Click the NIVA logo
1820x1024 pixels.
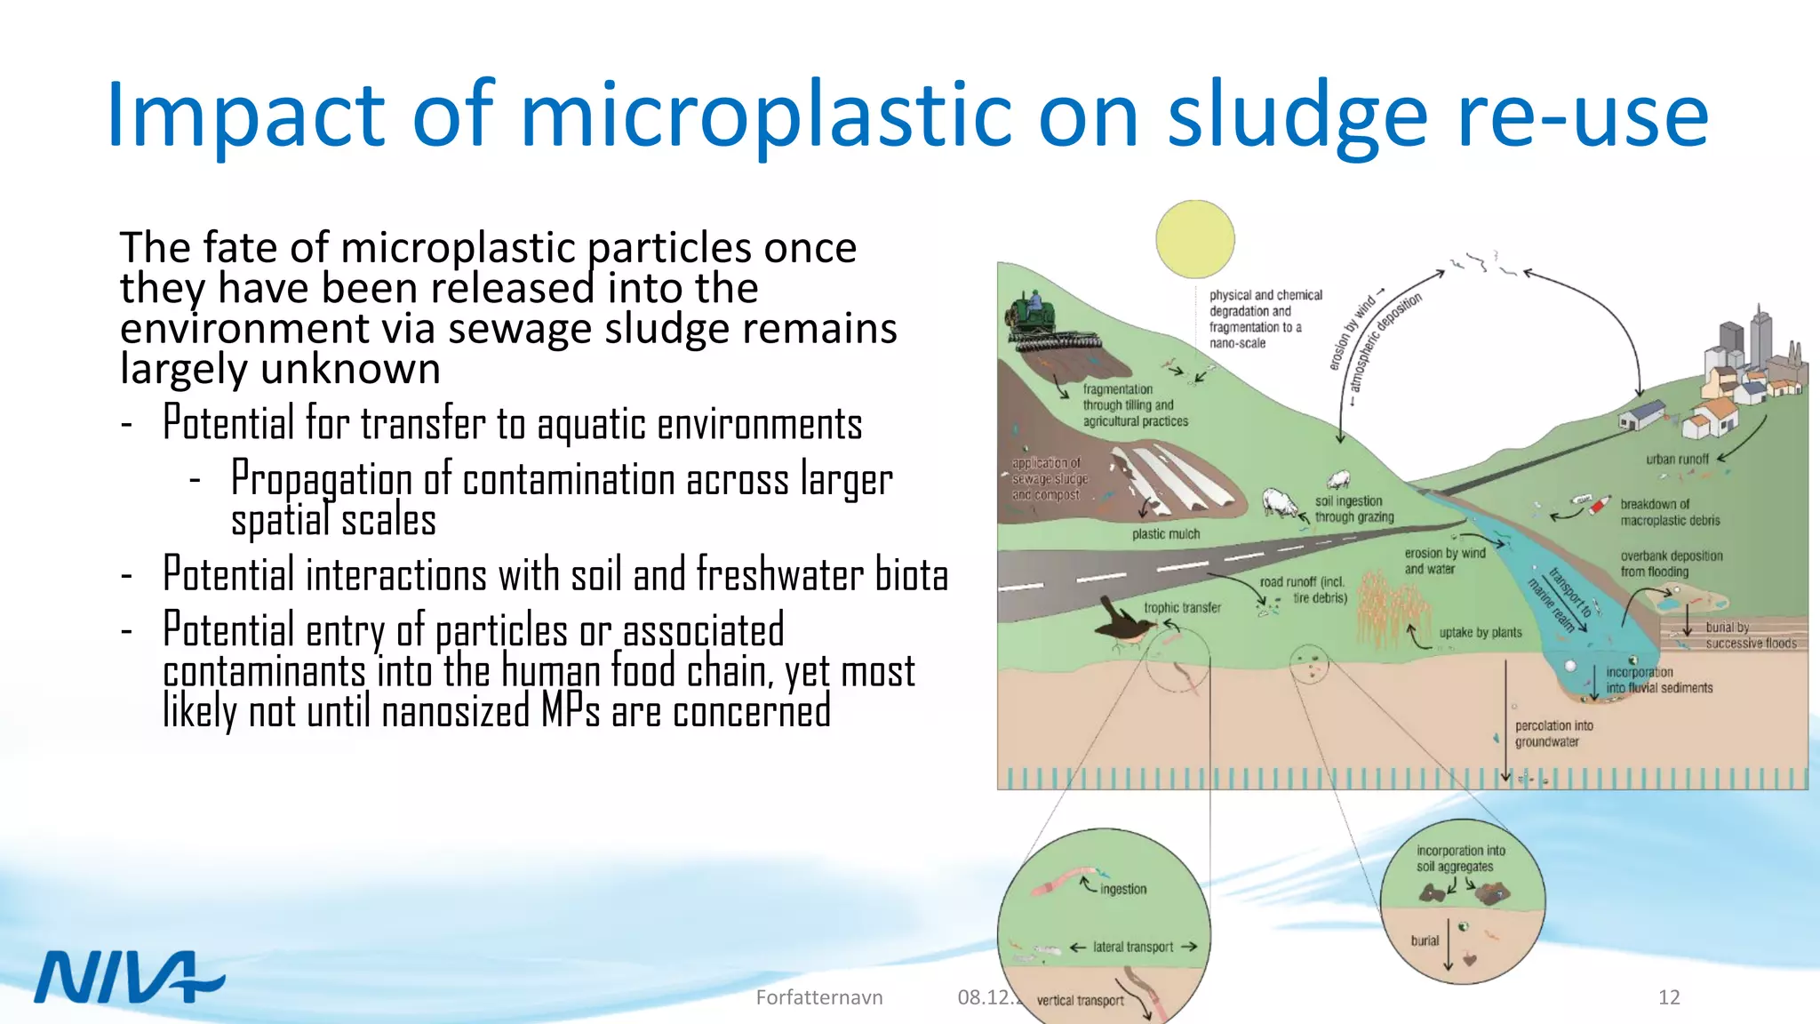(x=129, y=977)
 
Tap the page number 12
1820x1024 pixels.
(x=1668, y=997)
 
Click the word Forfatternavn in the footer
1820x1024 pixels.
(x=818, y=997)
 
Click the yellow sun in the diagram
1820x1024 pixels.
(x=1195, y=239)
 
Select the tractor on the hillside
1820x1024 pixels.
(x=1034, y=313)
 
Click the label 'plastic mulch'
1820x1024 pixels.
(x=1165, y=534)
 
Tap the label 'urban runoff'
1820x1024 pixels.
(x=1677, y=460)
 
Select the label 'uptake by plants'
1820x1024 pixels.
(x=1481, y=633)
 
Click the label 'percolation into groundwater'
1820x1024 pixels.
(x=1553, y=734)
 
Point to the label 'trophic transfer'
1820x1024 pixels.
(x=1182, y=608)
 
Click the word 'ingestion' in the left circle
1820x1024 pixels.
(x=1123, y=889)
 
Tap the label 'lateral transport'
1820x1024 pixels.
(x=1133, y=948)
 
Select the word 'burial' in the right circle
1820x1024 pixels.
(x=1425, y=940)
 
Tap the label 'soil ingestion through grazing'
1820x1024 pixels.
(x=1353, y=509)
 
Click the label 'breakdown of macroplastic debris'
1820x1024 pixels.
(x=1670, y=512)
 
